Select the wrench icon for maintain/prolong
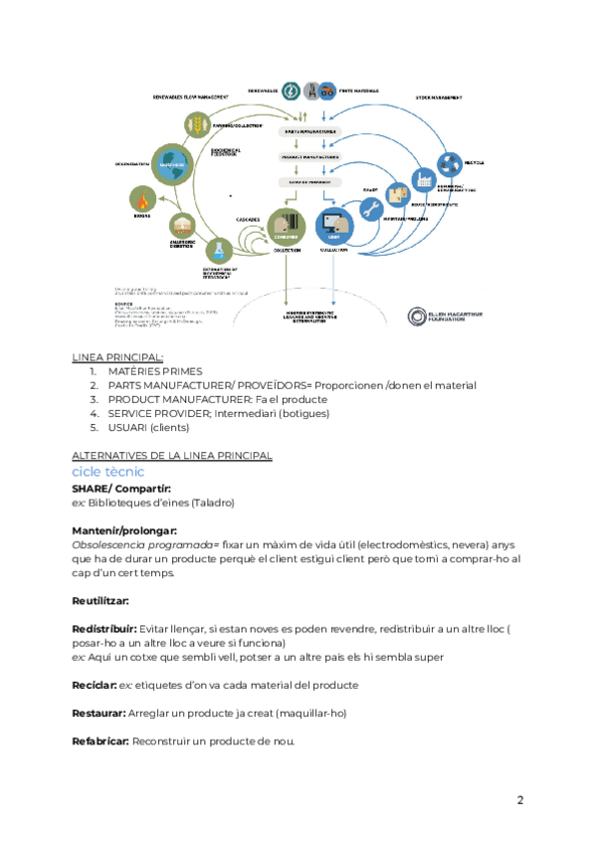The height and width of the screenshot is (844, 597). click(372, 207)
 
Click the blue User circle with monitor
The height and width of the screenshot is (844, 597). click(332, 227)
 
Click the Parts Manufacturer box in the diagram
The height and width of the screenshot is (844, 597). click(310, 131)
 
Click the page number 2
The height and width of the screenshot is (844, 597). click(519, 799)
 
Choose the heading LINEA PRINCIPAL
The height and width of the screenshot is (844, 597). click(117, 357)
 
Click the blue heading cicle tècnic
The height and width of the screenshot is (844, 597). click(107, 472)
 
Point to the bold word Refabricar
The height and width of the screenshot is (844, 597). click(99, 741)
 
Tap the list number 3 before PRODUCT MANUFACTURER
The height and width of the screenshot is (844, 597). click(93, 399)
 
